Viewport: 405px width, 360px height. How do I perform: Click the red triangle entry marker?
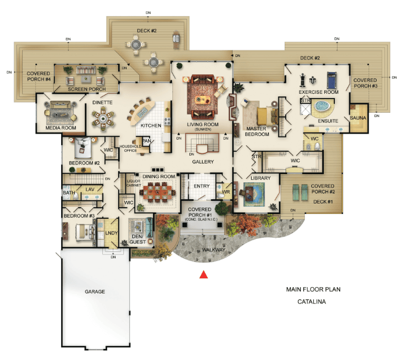click(x=204, y=275)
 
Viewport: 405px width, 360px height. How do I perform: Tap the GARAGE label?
click(x=95, y=291)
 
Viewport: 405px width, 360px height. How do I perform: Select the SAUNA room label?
click(x=358, y=118)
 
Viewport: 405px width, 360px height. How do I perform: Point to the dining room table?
click(x=158, y=192)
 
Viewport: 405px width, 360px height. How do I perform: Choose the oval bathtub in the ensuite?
click(x=321, y=106)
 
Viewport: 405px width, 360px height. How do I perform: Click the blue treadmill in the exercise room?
click(x=332, y=80)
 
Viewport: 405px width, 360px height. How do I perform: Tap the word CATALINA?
click(x=312, y=301)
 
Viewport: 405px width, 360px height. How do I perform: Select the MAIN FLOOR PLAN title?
click(x=313, y=289)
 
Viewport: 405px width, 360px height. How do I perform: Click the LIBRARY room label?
click(x=261, y=178)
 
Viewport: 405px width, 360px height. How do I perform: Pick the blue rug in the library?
click(x=254, y=194)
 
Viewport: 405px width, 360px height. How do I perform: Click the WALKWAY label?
click(x=214, y=250)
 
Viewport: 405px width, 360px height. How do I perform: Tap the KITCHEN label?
click(x=151, y=125)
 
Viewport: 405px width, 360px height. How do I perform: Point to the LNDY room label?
click(x=111, y=233)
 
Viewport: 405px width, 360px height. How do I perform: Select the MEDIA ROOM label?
click(x=61, y=128)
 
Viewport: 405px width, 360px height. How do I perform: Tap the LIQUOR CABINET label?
click(x=133, y=183)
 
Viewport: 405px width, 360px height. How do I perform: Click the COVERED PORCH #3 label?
click(x=365, y=83)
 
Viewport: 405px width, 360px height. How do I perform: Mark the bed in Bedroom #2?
click(x=83, y=147)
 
